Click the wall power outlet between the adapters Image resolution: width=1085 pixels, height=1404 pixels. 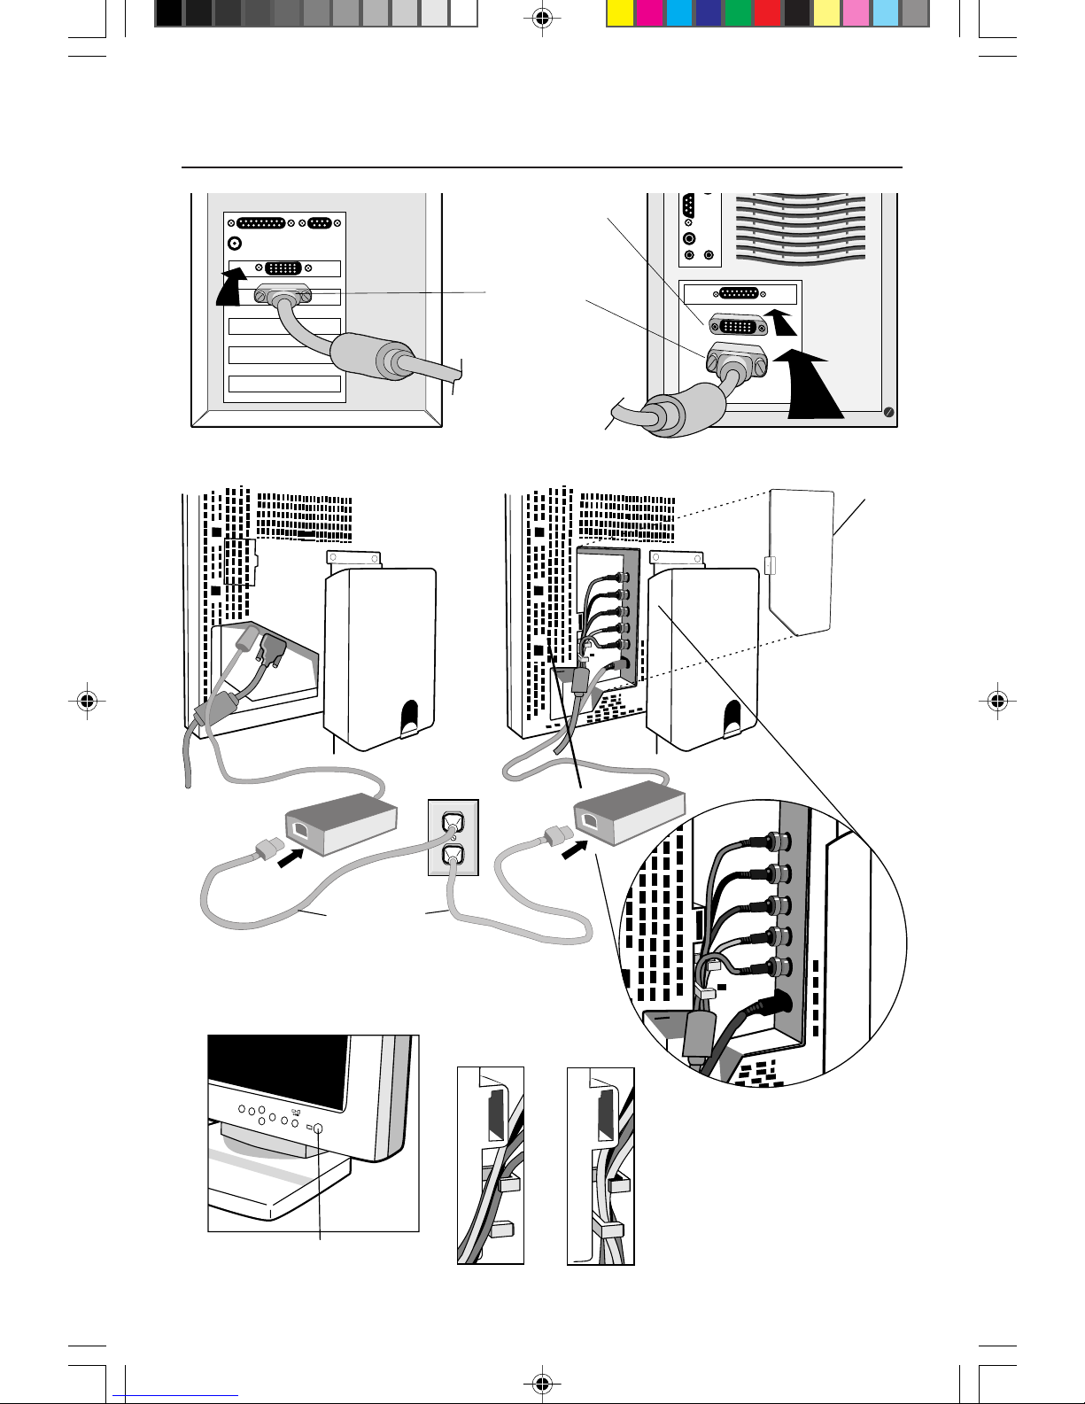pos(453,838)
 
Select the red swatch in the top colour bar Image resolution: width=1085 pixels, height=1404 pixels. pos(768,13)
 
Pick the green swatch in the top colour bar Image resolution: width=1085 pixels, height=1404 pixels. pos(738,13)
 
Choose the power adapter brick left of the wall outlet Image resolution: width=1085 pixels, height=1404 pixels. pos(339,823)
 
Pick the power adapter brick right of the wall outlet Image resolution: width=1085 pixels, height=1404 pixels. pos(630,813)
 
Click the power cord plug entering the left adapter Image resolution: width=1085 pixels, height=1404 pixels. pos(267,850)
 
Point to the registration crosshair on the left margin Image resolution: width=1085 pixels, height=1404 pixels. pos(86,701)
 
